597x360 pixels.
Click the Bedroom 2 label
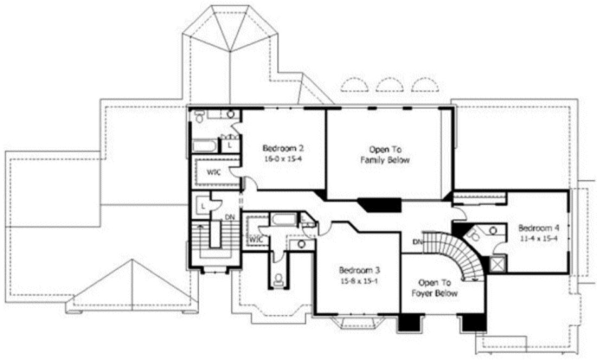pyautogui.click(x=283, y=148)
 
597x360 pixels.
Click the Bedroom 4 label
pyautogui.click(x=538, y=227)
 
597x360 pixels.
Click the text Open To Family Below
pyautogui.click(x=389, y=155)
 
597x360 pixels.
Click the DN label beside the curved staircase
pyautogui.click(x=418, y=242)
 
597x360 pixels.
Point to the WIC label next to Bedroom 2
pyautogui.click(x=213, y=172)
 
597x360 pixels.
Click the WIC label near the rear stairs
pyautogui.click(x=255, y=239)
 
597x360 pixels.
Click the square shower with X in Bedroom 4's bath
pyautogui.click(x=497, y=265)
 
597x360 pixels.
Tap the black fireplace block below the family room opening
pyautogui.click(x=379, y=205)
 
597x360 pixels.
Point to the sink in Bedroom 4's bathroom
pyautogui.click(x=493, y=231)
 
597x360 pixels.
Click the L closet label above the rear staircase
pyautogui.click(x=202, y=206)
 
